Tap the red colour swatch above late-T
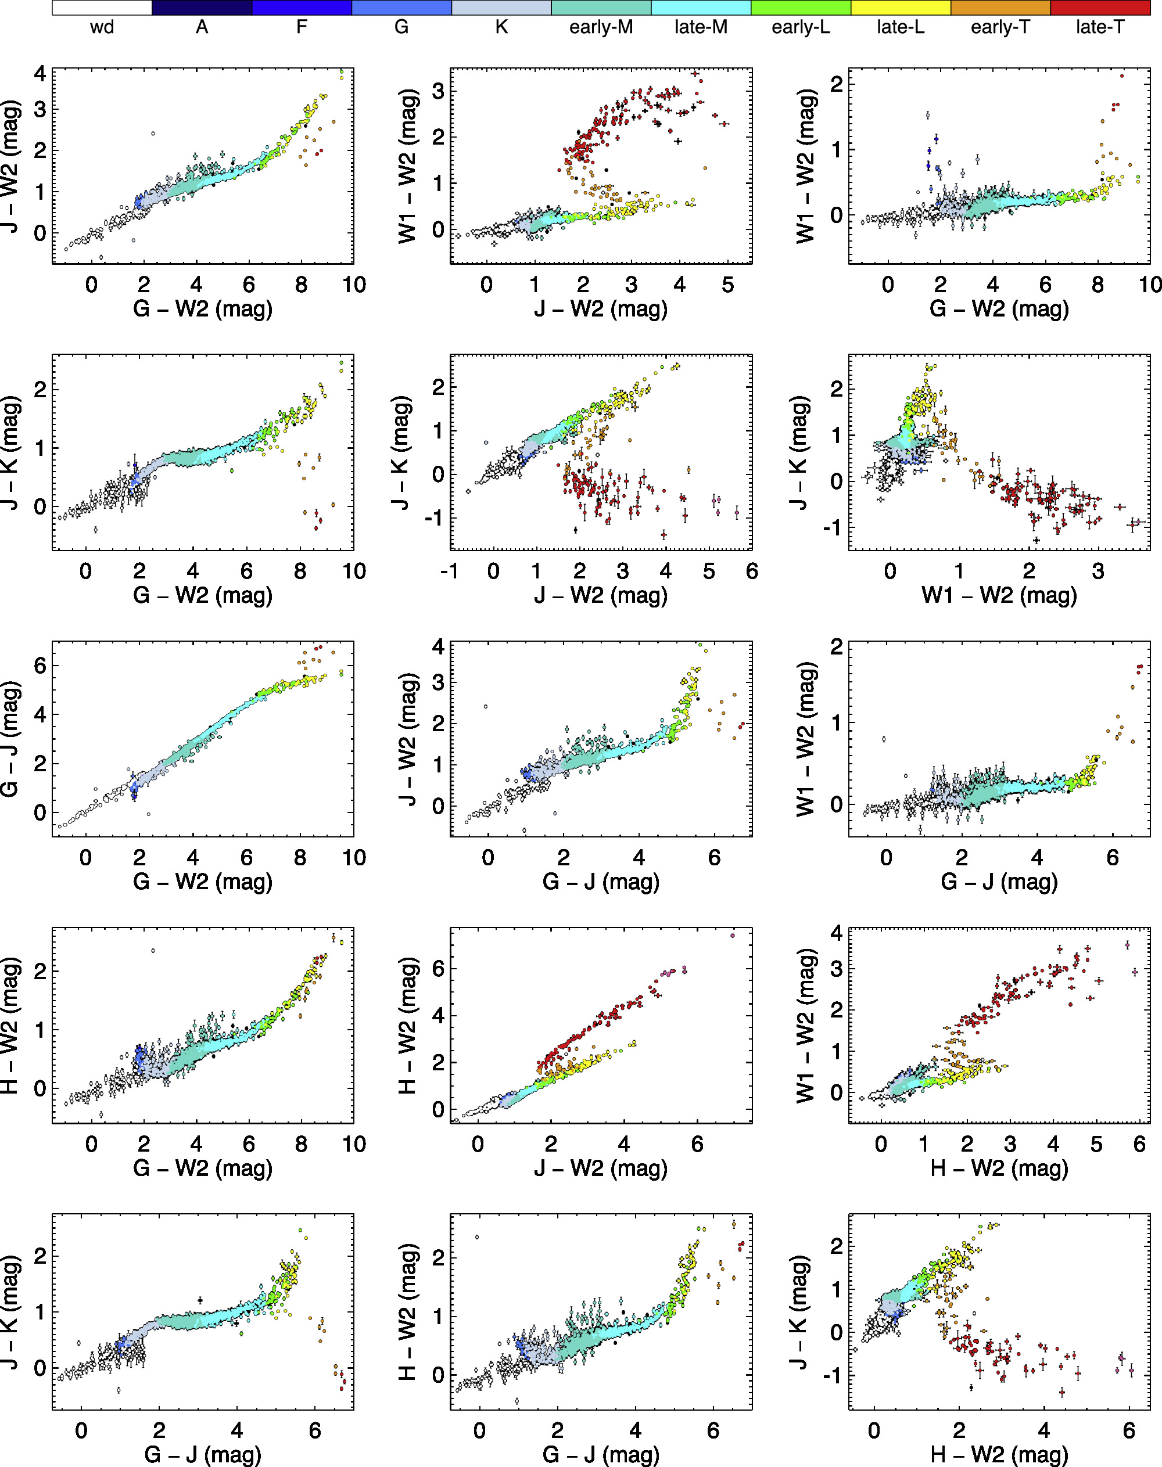coord(1100,8)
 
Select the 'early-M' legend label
coord(601,27)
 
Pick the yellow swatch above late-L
coord(900,8)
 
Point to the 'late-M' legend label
coord(701,27)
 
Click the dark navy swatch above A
coord(202,8)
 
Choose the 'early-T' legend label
coord(1000,27)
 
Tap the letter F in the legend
coord(302,27)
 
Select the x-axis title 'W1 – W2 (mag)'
coord(999,595)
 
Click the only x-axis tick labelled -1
coord(449,571)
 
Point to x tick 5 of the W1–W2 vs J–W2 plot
coord(728,285)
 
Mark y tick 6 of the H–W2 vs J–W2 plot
coord(438,969)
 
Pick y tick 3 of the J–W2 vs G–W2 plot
coord(40,110)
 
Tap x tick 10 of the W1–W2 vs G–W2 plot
coord(1150,285)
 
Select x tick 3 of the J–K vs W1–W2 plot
coord(1098,571)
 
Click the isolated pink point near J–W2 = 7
coord(732,936)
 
